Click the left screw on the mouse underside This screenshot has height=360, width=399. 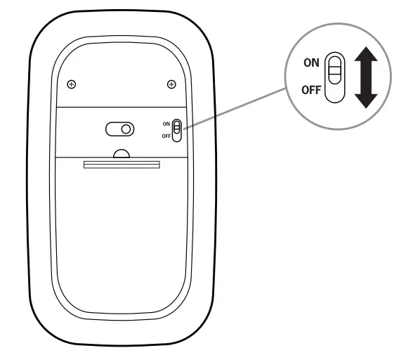coord(72,84)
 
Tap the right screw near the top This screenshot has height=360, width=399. coord(171,84)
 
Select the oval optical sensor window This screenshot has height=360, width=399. coord(119,129)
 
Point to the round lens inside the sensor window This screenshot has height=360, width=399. coord(125,129)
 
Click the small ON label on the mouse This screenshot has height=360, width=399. coord(166,124)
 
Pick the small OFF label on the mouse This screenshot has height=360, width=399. coord(166,135)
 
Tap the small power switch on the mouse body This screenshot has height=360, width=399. coord(177,129)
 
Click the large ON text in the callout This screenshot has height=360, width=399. coord(311,63)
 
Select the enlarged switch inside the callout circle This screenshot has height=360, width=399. coord(336,77)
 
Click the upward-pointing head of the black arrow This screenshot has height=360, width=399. coord(365,55)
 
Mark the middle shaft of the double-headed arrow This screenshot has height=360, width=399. coord(365,77)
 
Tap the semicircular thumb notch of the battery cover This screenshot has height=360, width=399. coord(122,153)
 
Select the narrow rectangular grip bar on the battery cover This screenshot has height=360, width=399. coord(122,165)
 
